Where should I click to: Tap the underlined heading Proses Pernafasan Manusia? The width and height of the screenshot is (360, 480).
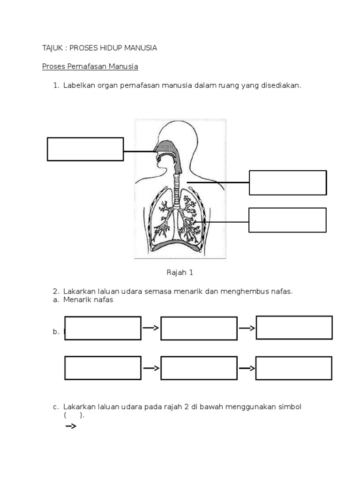point(90,67)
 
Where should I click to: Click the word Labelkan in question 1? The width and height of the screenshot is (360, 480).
point(78,85)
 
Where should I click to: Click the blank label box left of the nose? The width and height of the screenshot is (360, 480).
point(85,149)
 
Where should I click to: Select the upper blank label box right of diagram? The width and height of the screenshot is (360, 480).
point(288,183)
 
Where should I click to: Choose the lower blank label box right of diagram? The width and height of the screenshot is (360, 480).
point(287,220)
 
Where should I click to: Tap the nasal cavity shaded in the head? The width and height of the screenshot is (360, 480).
point(167,149)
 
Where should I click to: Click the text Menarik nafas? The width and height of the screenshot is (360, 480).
point(88,300)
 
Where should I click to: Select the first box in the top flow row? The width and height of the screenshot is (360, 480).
point(103,328)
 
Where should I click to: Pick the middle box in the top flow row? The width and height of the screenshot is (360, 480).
point(199,328)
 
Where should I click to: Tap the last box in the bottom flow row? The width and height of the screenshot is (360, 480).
point(294,368)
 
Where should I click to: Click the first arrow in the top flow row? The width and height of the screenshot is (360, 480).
point(150,328)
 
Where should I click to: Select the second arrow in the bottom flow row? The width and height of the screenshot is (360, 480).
point(247,368)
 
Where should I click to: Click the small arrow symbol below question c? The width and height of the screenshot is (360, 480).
point(70,426)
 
